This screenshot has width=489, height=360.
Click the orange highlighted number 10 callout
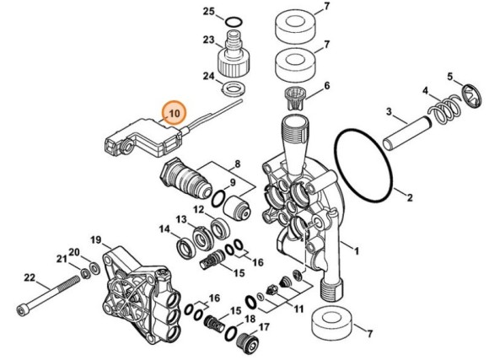pos(175,111)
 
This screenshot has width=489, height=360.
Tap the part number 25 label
pos(209,11)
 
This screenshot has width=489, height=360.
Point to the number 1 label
pos(355,250)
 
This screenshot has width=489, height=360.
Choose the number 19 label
pos(96,240)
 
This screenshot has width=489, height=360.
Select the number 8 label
pos(237,165)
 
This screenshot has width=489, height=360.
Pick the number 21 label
pos(61,257)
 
